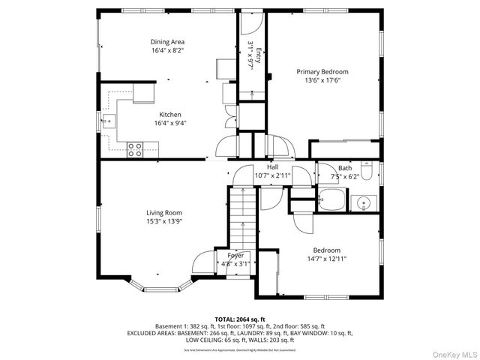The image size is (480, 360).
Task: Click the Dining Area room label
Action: [x=168, y=42]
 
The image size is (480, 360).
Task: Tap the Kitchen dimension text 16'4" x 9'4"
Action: [x=170, y=123]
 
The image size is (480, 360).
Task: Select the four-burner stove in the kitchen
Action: [x=136, y=149]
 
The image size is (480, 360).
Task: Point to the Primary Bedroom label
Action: [x=322, y=72]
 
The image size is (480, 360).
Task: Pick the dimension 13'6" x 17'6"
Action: [x=322, y=80]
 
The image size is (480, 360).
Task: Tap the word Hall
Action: [x=272, y=167]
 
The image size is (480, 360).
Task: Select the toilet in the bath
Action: [x=367, y=166]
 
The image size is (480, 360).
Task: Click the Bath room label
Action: [x=344, y=169]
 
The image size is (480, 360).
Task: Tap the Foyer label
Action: [x=235, y=256]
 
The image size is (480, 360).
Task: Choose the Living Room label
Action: [x=163, y=212]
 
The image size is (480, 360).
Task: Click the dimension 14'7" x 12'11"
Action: [x=326, y=259]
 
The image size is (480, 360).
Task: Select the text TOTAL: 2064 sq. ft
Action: [x=240, y=319]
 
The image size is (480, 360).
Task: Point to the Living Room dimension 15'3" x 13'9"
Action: [x=163, y=221]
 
